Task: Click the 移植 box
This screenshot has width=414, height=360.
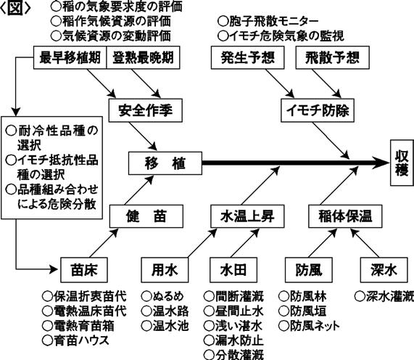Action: pyautogui.click(x=165, y=163)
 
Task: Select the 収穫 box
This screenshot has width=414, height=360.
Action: pyautogui.click(x=402, y=163)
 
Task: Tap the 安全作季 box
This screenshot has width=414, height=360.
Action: pyautogui.click(x=146, y=110)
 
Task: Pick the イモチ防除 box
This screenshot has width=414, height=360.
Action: pyautogui.click(x=318, y=110)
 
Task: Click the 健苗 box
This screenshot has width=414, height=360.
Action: pyautogui.click(x=146, y=216)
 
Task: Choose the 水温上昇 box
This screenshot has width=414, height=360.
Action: pyautogui.click(x=247, y=216)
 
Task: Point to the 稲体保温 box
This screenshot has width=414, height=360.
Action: pyautogui.click(x=345, y=216)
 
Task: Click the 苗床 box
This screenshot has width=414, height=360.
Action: pyautogui.click(x=84, y=270)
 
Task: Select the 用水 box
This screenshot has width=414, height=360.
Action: pyautogui.click(x=165, y=270)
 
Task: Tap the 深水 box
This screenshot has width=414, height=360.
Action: pyautogui.click(x=384, y=270)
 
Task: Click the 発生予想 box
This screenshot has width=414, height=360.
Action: pyautogui.click(x=248, y=57)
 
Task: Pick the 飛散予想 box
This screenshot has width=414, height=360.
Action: pyautogui.click(x=332, y=57)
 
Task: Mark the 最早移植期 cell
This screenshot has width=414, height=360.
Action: pyautogui.click(x=70, y=57)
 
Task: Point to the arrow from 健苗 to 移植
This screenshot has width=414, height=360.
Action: pyautogui.click(x=139, y=190)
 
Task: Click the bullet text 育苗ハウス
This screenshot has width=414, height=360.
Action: pyautogui.click(x=76, y=340)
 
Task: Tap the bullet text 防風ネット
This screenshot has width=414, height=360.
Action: pyautogui.click(x=309, y=326)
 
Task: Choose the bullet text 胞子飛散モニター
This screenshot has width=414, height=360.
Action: pyautogui.click(x=268, y=21)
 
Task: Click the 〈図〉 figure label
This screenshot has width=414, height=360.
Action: pyautogui.click(x=15, y=9)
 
